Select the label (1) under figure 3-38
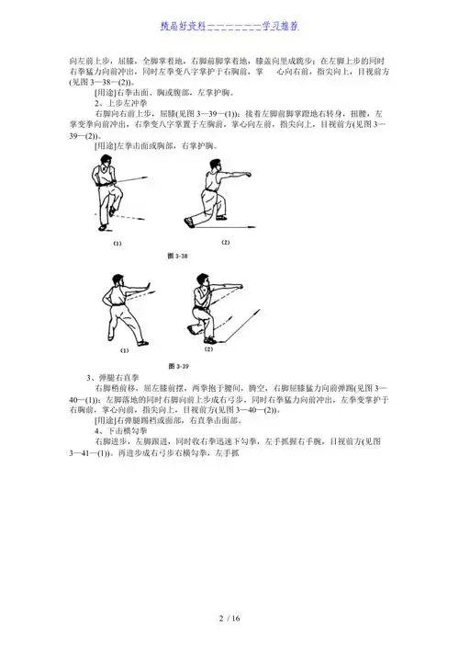tap(118, 244)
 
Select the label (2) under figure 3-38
tap(225, 242)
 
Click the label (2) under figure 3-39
tap(208, 349)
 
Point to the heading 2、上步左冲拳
tap(129, 102)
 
